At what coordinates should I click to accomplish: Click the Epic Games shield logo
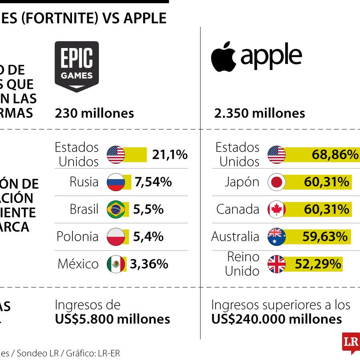(77, 66)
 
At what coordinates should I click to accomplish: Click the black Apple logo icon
(223, 56)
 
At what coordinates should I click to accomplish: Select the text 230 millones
(94, 113)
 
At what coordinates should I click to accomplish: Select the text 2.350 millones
(260, 113)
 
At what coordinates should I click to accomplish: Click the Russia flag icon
(116, 182)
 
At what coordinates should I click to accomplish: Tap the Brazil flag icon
(116, 210)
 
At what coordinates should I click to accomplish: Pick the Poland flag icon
(116, 237)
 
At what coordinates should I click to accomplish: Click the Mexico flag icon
(116, 264)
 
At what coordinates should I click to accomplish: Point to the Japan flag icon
(276, 182)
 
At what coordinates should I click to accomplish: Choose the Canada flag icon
(276, 210)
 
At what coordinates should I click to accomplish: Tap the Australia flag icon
(276, 237)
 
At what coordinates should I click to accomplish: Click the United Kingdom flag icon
(276, 264)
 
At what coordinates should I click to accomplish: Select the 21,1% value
(170, 155)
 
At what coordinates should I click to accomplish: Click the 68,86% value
(335, 155)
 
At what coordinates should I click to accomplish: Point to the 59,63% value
(325, 237)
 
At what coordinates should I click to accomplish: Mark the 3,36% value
(150, 264)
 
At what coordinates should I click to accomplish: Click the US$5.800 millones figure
(112, 319)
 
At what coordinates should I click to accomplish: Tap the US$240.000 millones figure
(276, 319)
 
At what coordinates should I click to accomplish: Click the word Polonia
(77, 237)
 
